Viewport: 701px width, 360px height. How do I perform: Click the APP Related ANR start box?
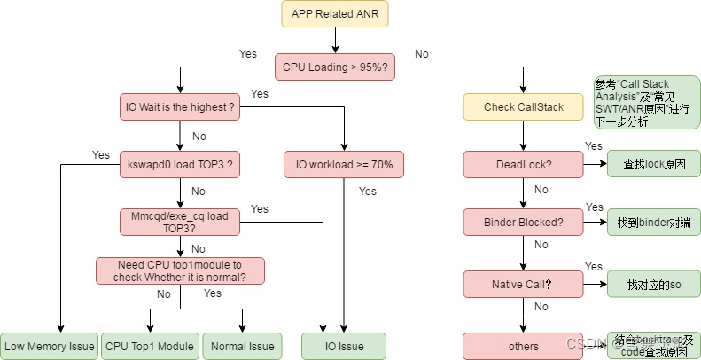point(335,14)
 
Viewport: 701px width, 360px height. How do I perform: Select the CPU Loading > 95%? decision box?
point(335,67)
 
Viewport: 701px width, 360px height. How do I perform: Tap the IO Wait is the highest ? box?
point(180,107)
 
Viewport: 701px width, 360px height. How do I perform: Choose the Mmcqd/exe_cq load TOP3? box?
point(180,222)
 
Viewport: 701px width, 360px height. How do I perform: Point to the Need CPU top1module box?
point(180,270)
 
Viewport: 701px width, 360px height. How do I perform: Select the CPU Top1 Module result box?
point(150,346)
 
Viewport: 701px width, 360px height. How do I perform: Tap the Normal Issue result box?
point(243,346)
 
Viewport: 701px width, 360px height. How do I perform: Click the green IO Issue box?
point(345,346)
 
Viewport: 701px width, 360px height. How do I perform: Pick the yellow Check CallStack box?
point(523,107)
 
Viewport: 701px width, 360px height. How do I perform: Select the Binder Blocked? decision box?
point(523,222)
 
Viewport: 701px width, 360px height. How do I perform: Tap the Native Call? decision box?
point(523,284)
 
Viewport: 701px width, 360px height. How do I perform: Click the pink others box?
point(523,346)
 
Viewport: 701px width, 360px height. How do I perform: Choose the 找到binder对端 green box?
point(654,222)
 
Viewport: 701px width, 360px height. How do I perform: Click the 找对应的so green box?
point(654,284)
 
